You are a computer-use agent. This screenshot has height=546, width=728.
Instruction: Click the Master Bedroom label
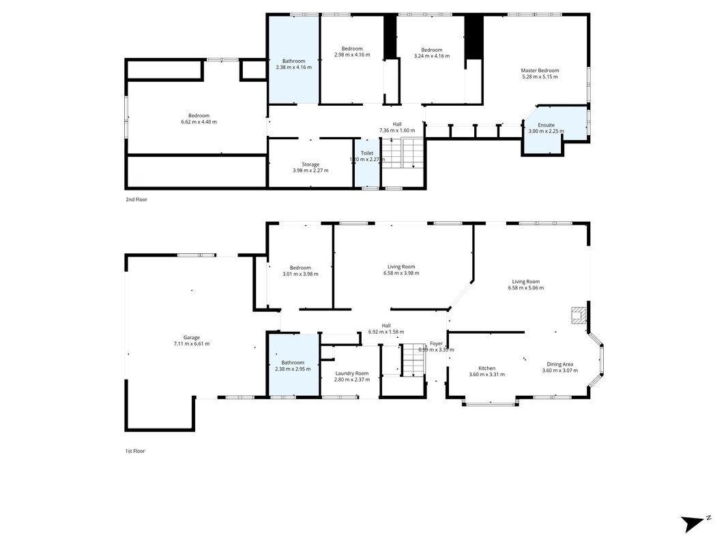[540, 70]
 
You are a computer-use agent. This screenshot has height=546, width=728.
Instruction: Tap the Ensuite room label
[546, 125]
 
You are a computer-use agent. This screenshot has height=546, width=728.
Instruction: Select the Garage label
[191, 338]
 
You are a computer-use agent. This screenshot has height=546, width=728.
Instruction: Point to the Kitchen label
[486, 368]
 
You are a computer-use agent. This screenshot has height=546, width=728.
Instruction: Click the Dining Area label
[559, 364]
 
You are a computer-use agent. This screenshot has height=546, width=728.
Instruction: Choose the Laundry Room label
[352, 373]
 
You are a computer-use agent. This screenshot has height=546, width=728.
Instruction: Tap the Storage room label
[310, 164]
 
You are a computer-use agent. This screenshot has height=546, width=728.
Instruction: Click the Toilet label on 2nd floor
[367, 153]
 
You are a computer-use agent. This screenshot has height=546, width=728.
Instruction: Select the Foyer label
[436, 343]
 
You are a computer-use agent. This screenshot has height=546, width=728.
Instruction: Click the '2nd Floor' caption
[136, 200]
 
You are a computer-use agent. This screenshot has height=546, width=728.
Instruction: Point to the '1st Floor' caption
[135, 451]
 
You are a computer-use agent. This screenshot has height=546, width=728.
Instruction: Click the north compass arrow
[693, 523]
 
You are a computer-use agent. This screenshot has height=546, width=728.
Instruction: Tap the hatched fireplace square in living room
[579, 315]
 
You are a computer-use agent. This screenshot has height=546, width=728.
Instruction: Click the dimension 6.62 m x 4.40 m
[199, 122]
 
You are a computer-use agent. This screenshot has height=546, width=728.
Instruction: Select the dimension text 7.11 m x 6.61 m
[191, 344]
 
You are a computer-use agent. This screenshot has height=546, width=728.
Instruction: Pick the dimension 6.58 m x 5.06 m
[525, 288]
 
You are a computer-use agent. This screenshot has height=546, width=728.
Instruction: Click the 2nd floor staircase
[403, 153]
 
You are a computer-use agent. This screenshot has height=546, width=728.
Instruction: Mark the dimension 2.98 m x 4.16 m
[352, 55]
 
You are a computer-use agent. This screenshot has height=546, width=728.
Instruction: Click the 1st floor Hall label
[385, 326]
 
